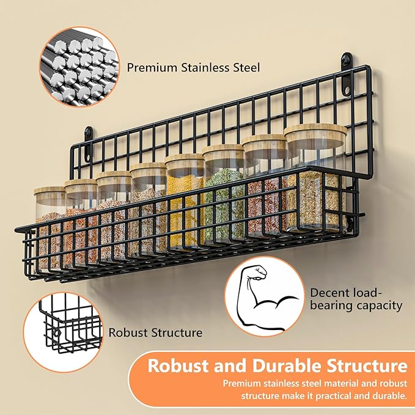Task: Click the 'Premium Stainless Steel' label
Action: [193, 67]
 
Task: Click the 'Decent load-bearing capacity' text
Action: [356, 299]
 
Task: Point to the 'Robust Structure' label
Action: [155, 333]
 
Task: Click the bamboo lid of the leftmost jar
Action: [50, 193]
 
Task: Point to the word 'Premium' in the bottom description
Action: [243, 384]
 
